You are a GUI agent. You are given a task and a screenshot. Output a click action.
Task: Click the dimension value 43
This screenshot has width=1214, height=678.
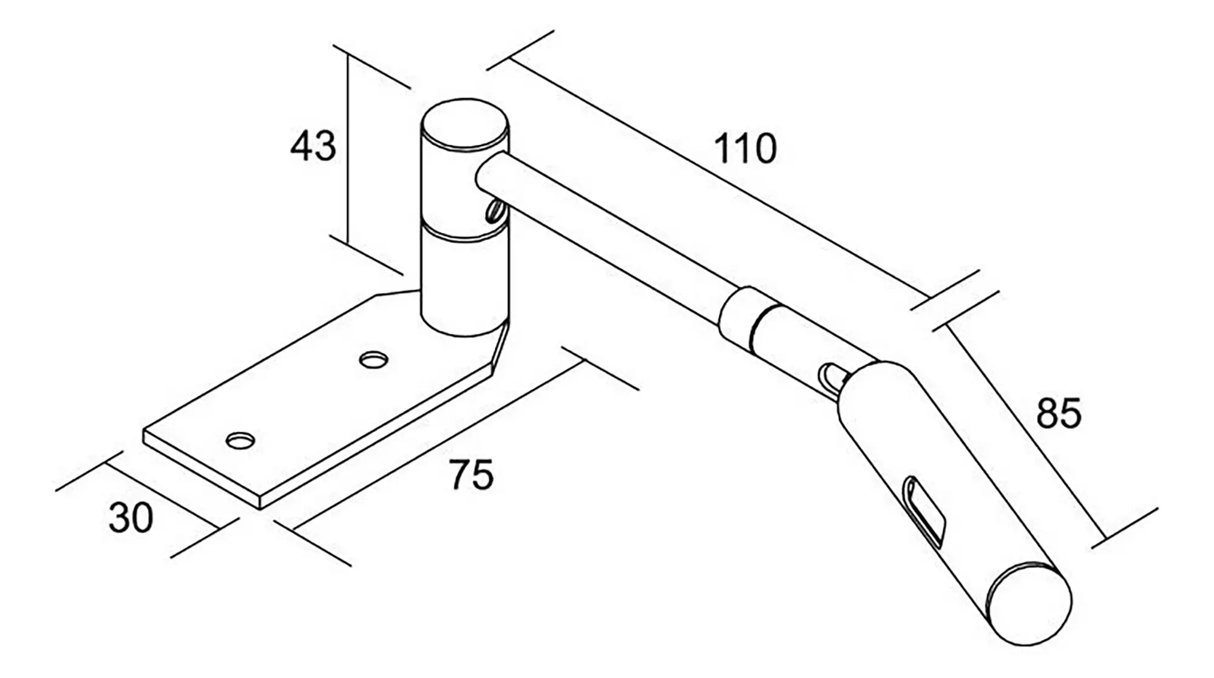(313, 146)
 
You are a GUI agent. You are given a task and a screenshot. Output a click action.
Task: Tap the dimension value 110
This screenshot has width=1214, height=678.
(745, 149)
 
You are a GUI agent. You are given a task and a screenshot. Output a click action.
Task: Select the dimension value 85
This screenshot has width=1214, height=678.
(1059, 414)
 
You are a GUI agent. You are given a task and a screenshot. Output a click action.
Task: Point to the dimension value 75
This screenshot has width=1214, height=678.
(472, 475)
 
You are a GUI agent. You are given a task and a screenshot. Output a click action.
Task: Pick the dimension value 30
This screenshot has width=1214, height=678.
(131, 518)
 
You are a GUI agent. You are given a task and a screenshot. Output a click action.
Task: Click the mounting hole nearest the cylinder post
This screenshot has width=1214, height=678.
(373, 360)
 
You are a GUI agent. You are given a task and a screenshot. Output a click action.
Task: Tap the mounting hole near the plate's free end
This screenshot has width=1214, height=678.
(240, 440)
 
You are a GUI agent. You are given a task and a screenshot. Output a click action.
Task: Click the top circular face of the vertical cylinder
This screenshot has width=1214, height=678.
(465, 125)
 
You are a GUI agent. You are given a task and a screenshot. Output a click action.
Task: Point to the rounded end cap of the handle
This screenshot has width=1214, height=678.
(1029, 604)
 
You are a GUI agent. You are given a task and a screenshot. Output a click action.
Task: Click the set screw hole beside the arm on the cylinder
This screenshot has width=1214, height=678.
(493, 212)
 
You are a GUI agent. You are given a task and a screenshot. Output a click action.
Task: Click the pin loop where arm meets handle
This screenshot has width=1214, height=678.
(829, 377)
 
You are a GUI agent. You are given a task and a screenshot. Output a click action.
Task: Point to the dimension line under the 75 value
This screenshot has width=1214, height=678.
(437, 446)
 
